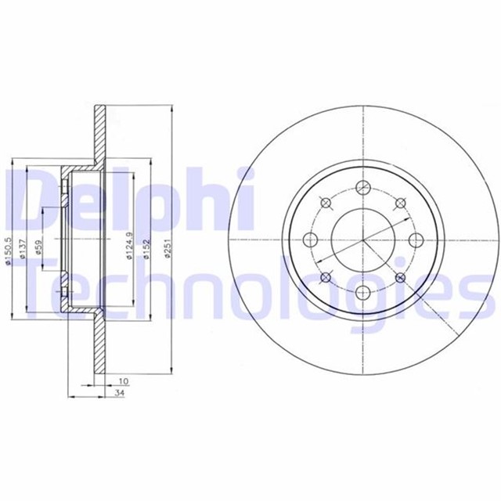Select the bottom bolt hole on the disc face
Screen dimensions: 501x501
point(363,293)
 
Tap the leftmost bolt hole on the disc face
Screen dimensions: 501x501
point(310,240)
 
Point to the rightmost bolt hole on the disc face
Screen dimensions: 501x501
point(416,240)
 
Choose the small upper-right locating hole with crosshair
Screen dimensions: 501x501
point(400,203)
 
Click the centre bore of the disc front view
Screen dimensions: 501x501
point(363,240)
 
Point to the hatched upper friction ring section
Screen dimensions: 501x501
point(99,133)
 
